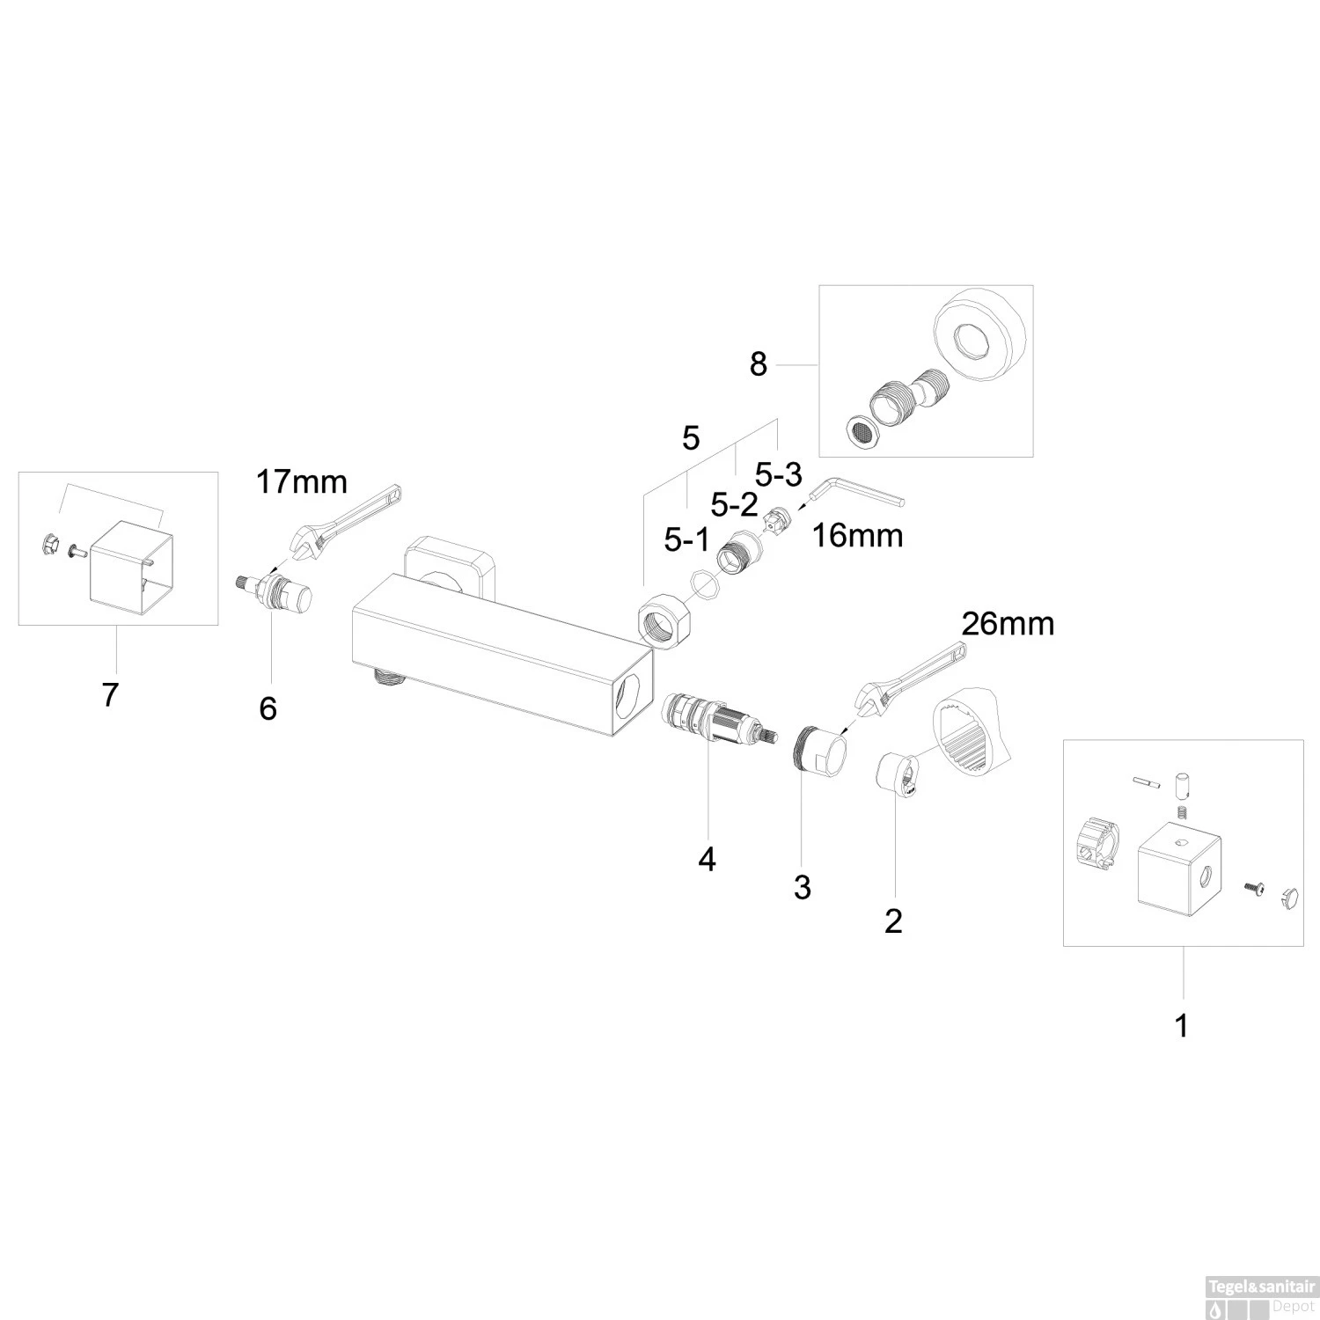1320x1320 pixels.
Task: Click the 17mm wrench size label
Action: [x=301, y=482]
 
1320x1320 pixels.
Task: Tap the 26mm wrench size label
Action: [x=1007, y=624]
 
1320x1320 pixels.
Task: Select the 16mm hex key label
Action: [x=857, y=535]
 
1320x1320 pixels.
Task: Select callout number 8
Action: [x=758, y=363]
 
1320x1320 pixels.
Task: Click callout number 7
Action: [x=109, y=695]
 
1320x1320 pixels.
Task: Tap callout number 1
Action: [x=1182, y=1025]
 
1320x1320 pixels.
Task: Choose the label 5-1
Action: [x=686, y=540]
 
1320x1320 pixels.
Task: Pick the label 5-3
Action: [x=779, y=475]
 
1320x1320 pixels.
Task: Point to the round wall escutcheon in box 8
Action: [x=979, y=332]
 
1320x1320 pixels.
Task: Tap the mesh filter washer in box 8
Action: [x=861, y=429]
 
